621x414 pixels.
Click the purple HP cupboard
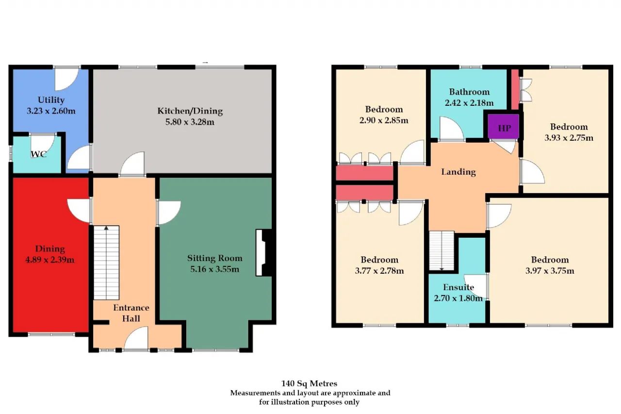(503, 127)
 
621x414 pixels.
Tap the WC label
(38, 154)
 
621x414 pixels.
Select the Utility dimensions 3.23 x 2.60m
(51, 111)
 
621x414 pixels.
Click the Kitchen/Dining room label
(190, 111)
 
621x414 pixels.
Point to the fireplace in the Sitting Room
(263, 252)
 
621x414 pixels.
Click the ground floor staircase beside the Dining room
(106, 263)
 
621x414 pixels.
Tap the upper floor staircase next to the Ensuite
(441, 250)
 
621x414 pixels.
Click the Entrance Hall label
(131, 313)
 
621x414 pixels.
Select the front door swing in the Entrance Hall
(136, 338)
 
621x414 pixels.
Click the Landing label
(458, 172)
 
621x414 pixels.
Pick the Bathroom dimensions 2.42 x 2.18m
(469, 103)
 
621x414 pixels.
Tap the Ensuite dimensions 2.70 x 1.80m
(458, 298)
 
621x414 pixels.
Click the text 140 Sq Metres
(309, 383)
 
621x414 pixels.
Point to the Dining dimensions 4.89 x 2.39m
(50, 260)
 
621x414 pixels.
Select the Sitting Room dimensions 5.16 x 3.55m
(214, 269)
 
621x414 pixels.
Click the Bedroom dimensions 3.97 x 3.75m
(550, 271)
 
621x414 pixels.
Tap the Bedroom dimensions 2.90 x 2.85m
(384, 120)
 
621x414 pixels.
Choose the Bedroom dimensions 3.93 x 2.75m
(569, 138)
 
